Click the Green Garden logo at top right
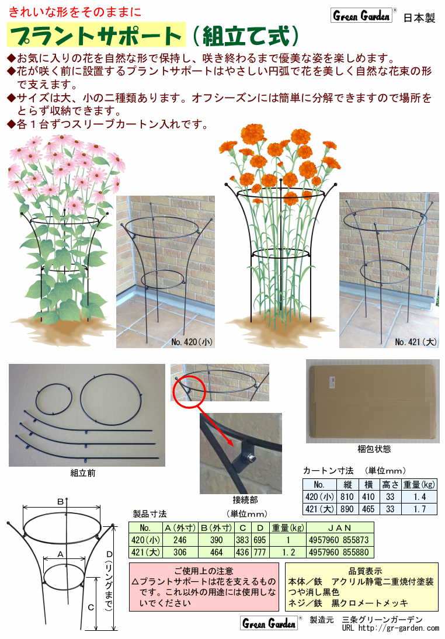coord(361,16)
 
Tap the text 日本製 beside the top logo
coord(419,18)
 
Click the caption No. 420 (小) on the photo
coord(192,342)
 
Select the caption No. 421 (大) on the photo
coord(415,342)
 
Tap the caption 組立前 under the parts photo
coord(83,473)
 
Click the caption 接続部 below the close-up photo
coord(245,499)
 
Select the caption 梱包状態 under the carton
coord(374,449)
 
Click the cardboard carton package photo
coord(373,401)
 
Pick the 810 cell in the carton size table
coord(347,497)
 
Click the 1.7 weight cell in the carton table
coord(419,509)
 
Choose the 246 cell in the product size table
coord(180,540)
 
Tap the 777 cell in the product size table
coord(259,552)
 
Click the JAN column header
coord(339,528)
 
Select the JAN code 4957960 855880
coord(339,552)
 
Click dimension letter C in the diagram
coord(91,607)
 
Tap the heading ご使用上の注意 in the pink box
coord(204,571)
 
